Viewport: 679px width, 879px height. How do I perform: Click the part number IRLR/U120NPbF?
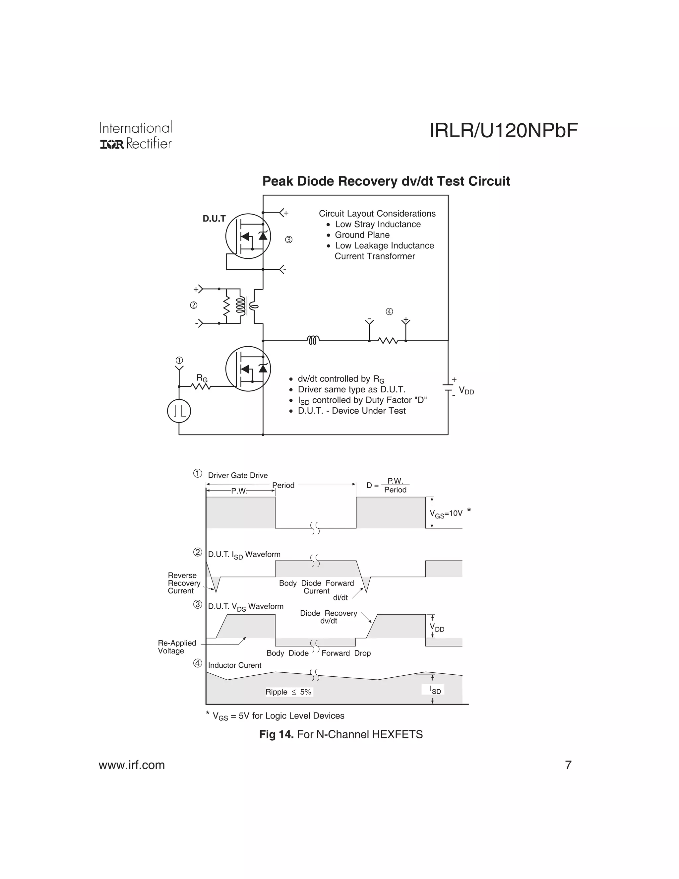503,130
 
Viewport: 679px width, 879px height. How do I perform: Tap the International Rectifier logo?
136,136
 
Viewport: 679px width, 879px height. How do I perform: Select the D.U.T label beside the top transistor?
214,219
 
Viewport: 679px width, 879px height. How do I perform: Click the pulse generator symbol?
179,411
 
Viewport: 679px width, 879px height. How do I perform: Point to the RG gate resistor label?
202,378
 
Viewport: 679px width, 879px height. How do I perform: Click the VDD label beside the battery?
466,391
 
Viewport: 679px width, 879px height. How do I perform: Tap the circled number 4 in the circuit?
389,311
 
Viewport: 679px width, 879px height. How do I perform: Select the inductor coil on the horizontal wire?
313,341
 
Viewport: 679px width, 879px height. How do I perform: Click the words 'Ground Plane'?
362,235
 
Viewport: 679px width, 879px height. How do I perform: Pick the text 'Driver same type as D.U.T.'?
351,390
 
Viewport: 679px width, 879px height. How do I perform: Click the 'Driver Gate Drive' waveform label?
238,475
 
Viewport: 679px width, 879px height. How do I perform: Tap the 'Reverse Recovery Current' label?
184,583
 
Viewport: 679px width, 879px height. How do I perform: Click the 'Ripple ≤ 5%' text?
288,692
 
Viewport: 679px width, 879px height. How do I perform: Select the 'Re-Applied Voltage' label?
177,647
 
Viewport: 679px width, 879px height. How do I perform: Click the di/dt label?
340,598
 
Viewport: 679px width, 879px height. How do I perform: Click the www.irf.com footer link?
132,765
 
